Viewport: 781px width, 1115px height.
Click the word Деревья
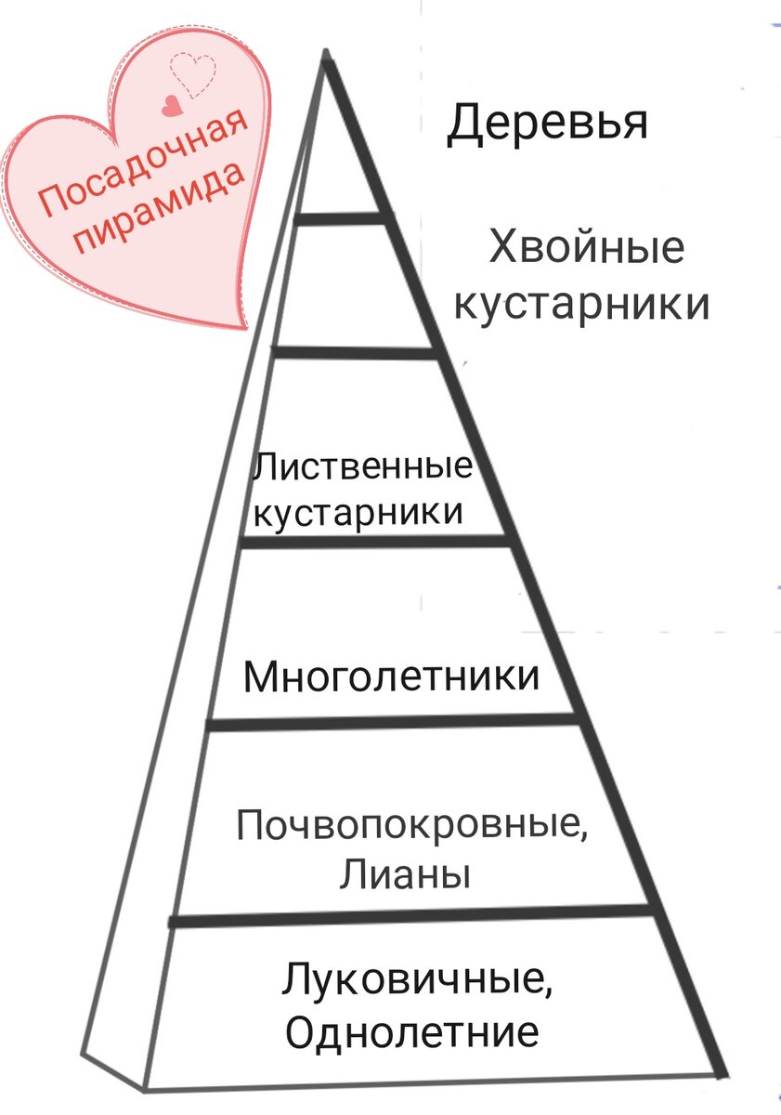[547, 125]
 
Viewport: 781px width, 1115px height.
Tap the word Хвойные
[586, 250]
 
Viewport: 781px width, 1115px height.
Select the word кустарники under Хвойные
[582, 305]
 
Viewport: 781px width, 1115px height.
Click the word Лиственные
[362, 466]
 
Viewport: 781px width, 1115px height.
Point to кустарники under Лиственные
[358, 512]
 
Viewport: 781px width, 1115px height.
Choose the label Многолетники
[391, 676]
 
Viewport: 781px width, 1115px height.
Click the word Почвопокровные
[412, 824]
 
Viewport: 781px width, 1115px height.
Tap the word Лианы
[404, 874]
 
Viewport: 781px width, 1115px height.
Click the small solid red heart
[171, 106]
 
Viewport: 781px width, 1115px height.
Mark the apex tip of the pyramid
[326, 53]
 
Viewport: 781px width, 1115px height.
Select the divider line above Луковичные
[409, 916]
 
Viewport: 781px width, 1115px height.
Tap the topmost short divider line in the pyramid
[340, 218]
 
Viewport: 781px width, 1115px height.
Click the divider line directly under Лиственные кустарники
[375, 541]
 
